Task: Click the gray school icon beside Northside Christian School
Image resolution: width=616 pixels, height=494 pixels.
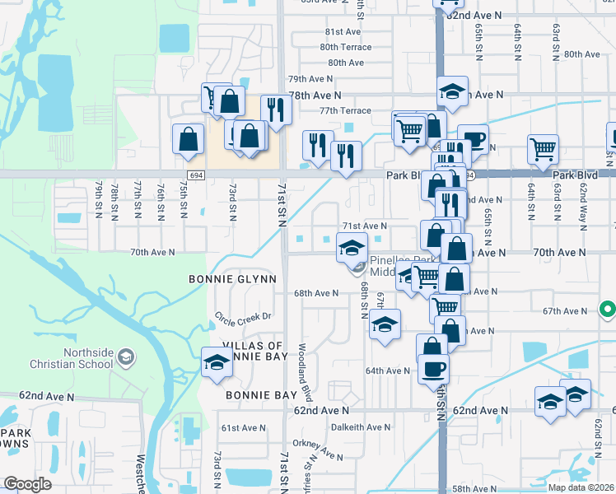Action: pyautogui.click(x=125, y=357)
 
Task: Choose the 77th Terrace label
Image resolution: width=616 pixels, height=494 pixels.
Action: pyautogui.click(x=345, y=110)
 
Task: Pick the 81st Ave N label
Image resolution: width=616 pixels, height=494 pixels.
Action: pyautogui.click(x=343, y=31)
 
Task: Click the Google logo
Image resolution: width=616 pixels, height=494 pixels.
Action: pyautogui.click(x=27, y=484)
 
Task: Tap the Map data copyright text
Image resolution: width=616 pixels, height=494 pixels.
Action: pyautogui.click(x=581, y=487)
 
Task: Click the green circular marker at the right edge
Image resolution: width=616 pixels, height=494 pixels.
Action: pyautogui.click(x=608, y=310)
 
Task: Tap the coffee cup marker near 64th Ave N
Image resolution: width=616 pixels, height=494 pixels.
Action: pyautogui.click(x=433, y=368)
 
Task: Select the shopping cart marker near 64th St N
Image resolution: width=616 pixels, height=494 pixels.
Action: pyautogui.click(x=544, y=150)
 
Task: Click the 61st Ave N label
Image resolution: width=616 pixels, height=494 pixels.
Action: pyautogui.click(x=240, y=428)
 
